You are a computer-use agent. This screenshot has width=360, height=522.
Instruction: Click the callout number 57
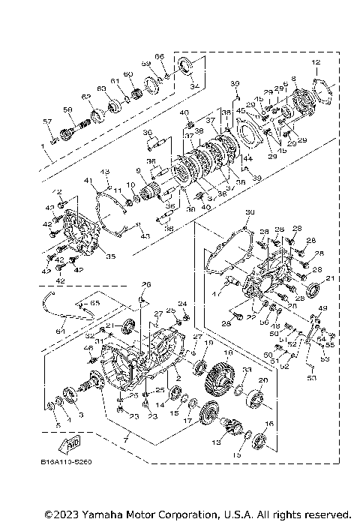[x=46, y=121]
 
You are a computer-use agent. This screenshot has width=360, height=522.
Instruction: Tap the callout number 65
[x=94, y=302]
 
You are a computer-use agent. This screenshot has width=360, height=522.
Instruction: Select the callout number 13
[x=217, y=443]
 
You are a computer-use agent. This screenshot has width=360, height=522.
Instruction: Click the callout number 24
[x=181, y=304]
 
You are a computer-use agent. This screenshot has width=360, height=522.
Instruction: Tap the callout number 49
[x=324, y=307]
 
